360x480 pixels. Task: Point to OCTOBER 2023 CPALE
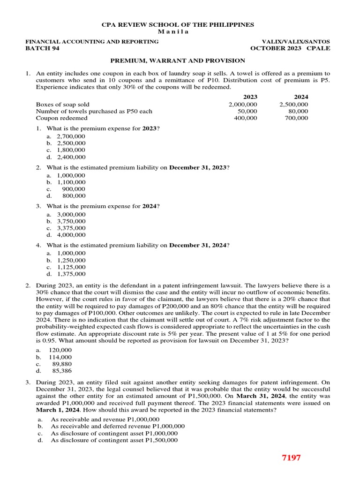point(290,48)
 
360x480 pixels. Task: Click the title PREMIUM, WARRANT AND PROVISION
point(178,60)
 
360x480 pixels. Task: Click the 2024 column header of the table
point(301,97)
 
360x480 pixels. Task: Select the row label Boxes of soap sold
point(62,105)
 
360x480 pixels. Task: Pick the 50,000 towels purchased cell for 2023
point(247,112)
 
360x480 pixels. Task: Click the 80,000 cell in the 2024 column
point(299,112)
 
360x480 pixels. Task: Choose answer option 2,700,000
point(71,136)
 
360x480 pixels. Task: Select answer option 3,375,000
point(71,228)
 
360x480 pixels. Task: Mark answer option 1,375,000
point(71,274)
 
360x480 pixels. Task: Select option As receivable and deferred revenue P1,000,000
point(117,426)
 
